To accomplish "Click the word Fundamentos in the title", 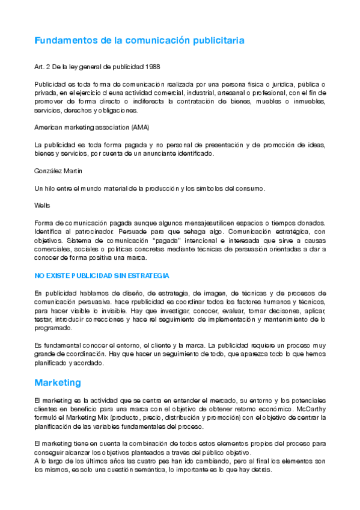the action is pos(64,41).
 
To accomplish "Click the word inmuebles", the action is pos(306,102).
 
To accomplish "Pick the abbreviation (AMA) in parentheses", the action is pos(138,127).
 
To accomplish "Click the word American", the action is pos(49,127).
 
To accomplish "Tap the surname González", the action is pos(49,171).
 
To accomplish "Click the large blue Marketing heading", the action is pos(58,382).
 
